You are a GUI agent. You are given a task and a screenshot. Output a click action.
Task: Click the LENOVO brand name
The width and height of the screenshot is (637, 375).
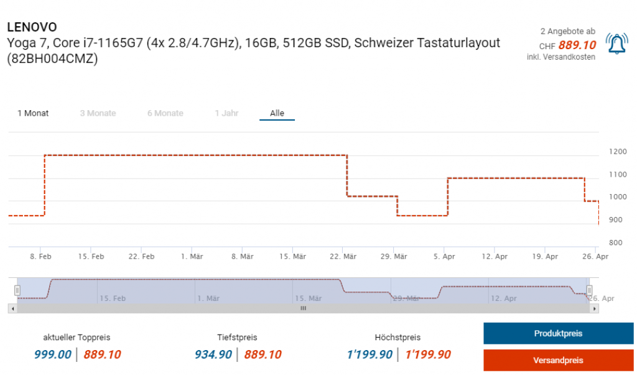coord(32,27)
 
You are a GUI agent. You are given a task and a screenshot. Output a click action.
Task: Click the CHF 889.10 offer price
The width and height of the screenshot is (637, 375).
coord(577,45)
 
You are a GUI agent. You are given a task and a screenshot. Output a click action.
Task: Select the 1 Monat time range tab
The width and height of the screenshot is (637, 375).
coord(33,113)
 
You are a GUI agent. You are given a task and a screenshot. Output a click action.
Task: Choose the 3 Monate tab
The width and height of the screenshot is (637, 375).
coord(98,113)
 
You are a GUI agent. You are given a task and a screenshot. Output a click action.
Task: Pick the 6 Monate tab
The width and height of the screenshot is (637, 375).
coord(165,113)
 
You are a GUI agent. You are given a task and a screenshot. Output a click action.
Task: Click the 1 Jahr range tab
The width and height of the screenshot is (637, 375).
coord(226,113)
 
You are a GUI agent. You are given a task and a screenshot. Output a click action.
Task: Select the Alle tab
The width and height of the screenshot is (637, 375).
coord(277,113)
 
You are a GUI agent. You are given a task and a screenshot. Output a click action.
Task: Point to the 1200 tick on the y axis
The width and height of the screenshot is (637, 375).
coord(618,152)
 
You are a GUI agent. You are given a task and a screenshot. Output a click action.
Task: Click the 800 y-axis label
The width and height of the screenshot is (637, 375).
coord(616,243)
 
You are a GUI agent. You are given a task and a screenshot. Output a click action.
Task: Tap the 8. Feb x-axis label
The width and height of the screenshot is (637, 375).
coord(40,256)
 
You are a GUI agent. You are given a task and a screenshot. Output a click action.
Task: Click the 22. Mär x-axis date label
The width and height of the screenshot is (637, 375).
coord(343,256)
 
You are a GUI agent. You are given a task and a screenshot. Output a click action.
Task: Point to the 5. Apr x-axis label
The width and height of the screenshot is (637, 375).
coord(444,256)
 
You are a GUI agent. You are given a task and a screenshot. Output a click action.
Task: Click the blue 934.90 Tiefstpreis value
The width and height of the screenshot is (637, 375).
coord(213,354)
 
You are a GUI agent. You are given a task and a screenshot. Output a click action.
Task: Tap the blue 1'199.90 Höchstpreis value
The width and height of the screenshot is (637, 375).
coord(370,354)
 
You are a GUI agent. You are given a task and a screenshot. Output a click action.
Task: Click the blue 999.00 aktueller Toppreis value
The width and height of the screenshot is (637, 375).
coord(52,354)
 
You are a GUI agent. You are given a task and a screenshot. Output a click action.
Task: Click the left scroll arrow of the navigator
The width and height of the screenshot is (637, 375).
coord(12,308)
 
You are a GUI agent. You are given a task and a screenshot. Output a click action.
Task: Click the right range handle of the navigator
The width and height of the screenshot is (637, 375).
coord(589,290)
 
